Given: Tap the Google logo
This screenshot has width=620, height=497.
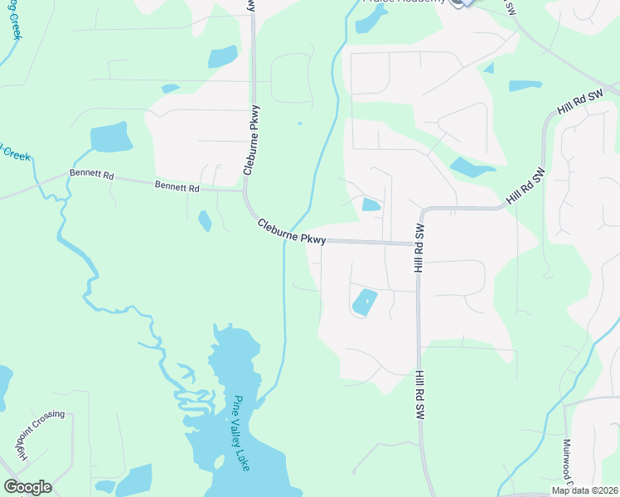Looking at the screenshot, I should point(27,487).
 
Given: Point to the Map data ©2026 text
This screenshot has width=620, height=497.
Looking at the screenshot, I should point(583,490).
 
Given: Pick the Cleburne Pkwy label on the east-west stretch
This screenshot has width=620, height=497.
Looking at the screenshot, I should point(291,230).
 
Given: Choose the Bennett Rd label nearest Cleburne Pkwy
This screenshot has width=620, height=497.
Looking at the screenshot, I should point(177,188).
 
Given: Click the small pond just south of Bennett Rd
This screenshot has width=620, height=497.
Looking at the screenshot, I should point(205,220).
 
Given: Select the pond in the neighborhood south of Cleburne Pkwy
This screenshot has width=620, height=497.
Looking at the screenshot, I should point(364,302).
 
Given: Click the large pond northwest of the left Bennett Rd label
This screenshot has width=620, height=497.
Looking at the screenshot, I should point(111,138).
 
